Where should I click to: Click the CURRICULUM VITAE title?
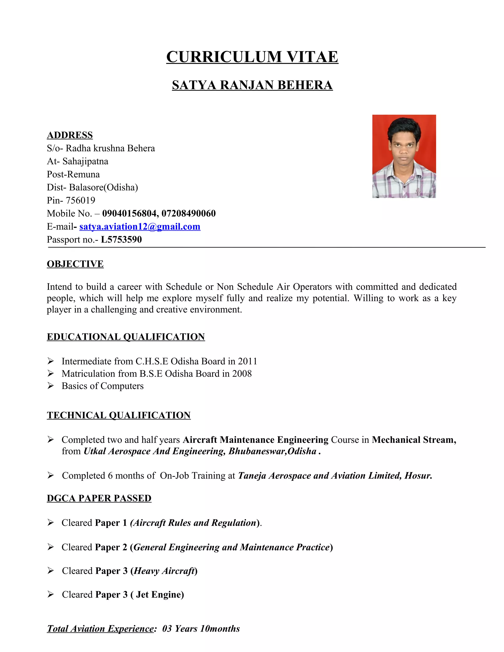tap(252, 57)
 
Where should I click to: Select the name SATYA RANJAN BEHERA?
tap(252, 85)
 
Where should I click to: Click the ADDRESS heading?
tap(70, 135)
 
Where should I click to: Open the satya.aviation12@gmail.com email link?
tap(140, 227)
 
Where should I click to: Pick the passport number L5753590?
tap(121, 239)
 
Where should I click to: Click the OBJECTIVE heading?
tap(75, 264)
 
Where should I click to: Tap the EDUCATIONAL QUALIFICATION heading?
tap(126, 337)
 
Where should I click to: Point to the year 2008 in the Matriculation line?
tap(242, 373)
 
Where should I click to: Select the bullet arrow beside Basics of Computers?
tap(50, 386)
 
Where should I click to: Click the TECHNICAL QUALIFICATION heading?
tap(119, 415)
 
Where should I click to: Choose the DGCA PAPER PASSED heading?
tap(99, 498)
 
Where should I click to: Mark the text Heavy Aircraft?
tap(164, 571)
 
